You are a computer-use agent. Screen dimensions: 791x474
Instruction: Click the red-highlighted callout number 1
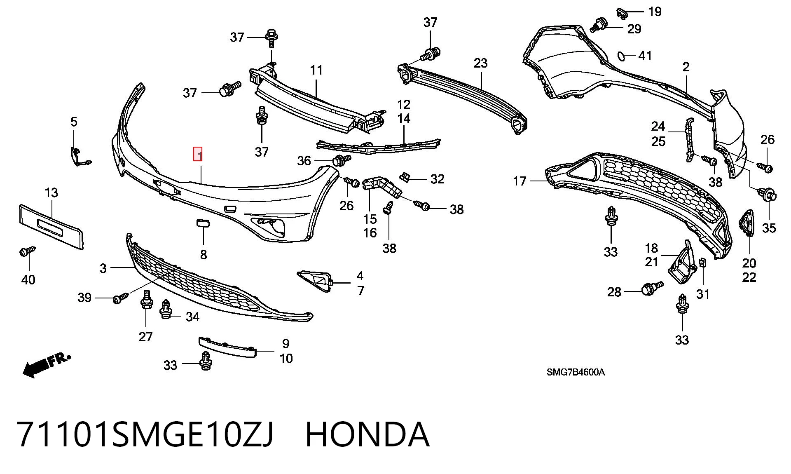tap(198, 154)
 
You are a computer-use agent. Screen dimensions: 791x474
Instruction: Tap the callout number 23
tap(480, 63)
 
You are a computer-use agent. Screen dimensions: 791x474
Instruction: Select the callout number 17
tap(520, 181)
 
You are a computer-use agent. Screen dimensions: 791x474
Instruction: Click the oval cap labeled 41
tap(621, 56)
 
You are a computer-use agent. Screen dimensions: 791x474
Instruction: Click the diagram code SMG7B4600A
tap(576, 372)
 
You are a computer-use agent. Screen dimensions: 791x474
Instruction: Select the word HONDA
tap(367, 434)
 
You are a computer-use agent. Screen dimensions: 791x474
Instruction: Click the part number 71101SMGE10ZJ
tap(145, 434)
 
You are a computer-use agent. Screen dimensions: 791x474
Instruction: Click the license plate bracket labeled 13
tap(51, 226)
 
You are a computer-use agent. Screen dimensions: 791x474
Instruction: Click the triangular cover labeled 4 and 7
tap(315, 280)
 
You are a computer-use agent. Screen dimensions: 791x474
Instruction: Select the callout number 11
tap(316, 70)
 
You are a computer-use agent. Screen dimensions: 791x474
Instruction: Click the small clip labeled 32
tap(405, 177)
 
